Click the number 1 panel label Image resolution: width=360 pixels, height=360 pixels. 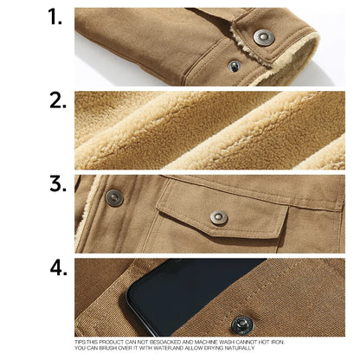[55, 16]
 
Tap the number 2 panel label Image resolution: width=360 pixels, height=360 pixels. [58, 100]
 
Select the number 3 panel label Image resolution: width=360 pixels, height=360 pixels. [58, 184]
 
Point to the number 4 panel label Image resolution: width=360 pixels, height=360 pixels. [59, 267]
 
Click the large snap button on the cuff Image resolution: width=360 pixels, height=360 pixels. [264, 37]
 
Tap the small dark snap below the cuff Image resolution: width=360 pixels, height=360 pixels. [235, 66]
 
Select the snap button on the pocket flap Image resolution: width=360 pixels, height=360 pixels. [219, 218]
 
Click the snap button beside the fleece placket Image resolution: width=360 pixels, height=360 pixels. [114, 198]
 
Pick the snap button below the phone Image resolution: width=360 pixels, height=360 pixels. [242, 325]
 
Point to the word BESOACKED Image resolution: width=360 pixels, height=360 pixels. [165, 342]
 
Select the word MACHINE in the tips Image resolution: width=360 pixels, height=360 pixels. [206, 342]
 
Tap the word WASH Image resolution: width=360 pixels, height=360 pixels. [227, 342]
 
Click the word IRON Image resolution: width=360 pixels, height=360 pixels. [278, 342]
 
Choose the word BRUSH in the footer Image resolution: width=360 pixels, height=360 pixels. [108, 348]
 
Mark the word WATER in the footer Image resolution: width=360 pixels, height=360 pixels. [163, 348]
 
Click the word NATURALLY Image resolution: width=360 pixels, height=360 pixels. [240, 348]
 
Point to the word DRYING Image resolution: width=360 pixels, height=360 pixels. [213, 348]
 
